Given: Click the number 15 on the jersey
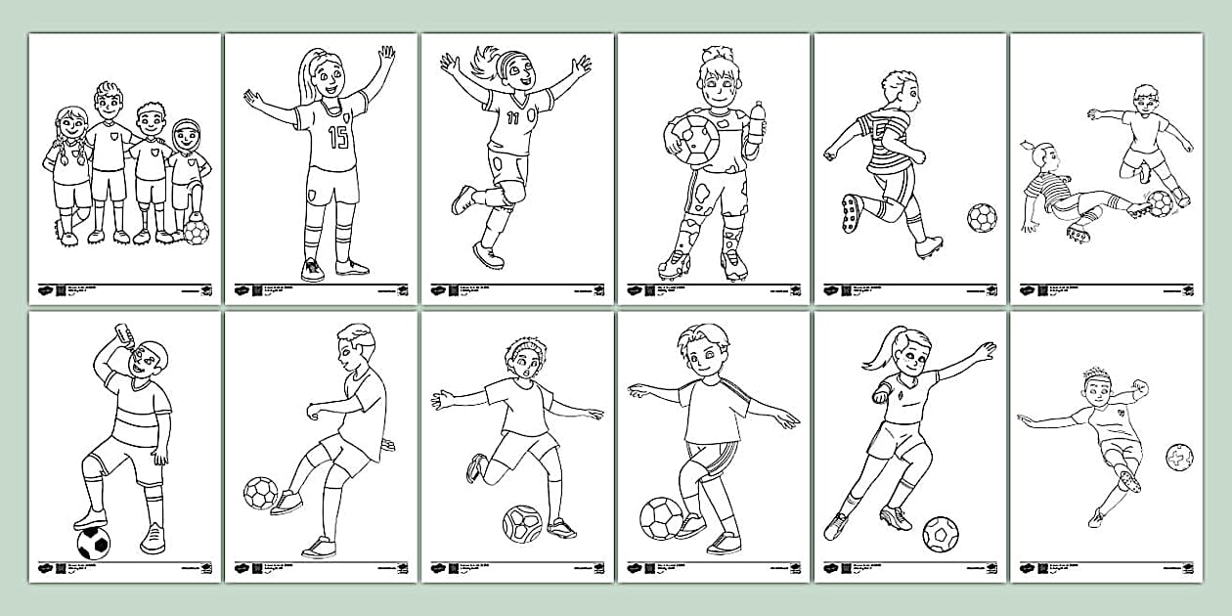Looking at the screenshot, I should click(x=337, y=137).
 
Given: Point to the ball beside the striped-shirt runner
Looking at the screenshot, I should click(x=982, y=217).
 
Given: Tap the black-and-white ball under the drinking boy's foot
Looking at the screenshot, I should click(x=93, y=543).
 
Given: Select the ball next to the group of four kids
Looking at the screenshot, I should click(x=196, y=232).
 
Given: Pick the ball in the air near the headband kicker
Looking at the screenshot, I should click(x=1179, y=457).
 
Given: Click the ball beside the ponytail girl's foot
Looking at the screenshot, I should click(x=941, y=534).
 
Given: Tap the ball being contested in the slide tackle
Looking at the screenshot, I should click(x=1160, y=203).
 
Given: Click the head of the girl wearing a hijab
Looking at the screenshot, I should click(x=186, y=135).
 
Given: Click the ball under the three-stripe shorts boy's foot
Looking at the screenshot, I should click(x=661, y=518).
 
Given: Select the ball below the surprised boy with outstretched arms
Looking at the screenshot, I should click(x=522, y=524).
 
